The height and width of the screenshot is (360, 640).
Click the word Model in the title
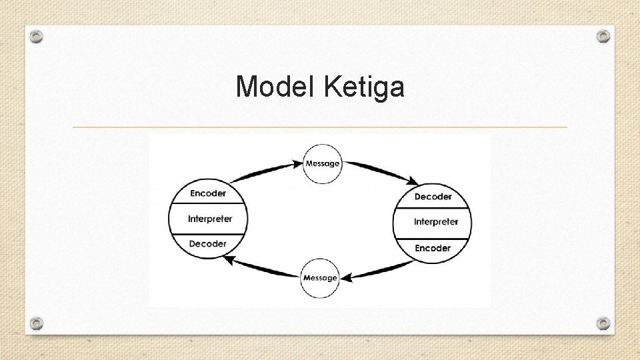[x=276, y=87]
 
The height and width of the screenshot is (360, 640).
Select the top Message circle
[x=323, y=163]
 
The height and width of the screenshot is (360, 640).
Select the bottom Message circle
[x=320, y=277]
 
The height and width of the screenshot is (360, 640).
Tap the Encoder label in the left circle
[x=208, y=193]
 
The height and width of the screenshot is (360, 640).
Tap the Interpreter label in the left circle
[x=209, y=219]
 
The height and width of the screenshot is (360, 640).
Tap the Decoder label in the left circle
[x=208, y=244]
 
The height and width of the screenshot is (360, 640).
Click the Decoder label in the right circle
[x=433, y=197]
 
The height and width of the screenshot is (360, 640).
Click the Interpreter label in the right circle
[x=436, y=221]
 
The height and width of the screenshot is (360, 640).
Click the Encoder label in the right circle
[x=433, y=248]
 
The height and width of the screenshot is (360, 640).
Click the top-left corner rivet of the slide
[x=37, y=37]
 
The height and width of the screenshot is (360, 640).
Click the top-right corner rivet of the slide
[x=603, y=35]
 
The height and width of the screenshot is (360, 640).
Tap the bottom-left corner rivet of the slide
[x=37, y=323]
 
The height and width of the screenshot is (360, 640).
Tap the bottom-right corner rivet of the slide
[x=603, y=323]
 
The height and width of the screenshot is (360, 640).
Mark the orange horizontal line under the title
[x=320, y=127]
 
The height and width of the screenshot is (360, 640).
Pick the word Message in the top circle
[x=323, y=163]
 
